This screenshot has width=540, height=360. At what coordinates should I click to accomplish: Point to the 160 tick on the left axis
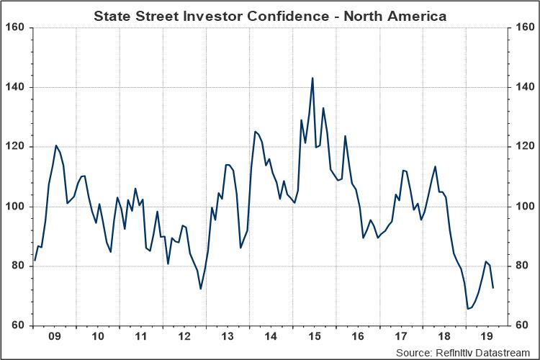click(x=16, y=27)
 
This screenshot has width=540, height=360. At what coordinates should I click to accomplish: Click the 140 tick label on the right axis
click(x=523, y=87)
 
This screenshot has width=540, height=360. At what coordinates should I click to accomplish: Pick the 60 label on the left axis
click(x=19, y=325)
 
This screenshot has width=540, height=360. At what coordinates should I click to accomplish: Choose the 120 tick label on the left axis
click(x=16, y=147)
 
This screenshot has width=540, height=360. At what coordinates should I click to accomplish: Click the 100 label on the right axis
click(x=523, y=207)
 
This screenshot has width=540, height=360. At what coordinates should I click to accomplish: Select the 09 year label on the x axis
click(x=54, y=336)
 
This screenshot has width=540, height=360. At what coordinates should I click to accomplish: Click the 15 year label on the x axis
click(x=314, y=336)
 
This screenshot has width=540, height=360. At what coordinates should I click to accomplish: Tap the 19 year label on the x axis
click(x=487, y=336)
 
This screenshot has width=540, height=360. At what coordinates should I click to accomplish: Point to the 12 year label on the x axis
click(x=184, y=336)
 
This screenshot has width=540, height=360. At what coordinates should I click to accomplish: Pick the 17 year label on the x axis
click(x=400, y=336)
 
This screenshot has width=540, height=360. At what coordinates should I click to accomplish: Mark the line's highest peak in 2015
click(x=312, y=78)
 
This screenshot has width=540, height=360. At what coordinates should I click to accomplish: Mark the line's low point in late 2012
click(x=201, y=289)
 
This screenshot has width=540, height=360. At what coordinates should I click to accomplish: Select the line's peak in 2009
click(x=56, y=145)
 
